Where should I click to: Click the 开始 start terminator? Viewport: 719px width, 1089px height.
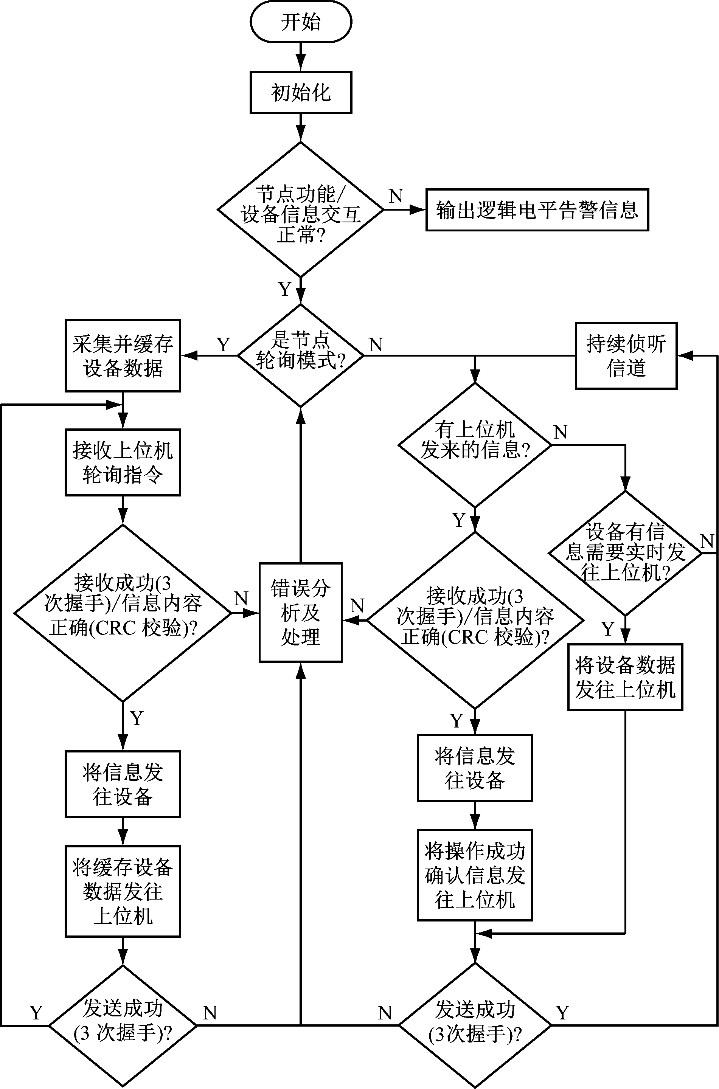(x=301, y=22)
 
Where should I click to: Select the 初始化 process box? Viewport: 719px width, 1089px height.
(x=301, y=92)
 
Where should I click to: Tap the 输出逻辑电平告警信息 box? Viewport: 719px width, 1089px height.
(x=537, y=210)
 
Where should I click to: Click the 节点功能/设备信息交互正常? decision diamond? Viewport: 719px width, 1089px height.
(x=300, y=210)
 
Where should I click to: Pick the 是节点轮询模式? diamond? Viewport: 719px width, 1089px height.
(x=300, y=355)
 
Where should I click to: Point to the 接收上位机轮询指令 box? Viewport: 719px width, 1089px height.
(x=123, y=462)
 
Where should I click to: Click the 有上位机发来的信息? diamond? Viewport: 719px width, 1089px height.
(x=475, y=445)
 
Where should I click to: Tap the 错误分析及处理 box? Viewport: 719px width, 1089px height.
(x=300, y=612)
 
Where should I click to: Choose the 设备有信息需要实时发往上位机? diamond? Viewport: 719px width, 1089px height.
(x=625, y=553)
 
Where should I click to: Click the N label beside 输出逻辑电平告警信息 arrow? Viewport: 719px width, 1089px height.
(x=396, y=196)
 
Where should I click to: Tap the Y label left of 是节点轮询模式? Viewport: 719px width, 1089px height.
(x=223, y=345)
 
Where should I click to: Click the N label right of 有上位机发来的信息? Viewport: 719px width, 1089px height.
(x=561, y=432)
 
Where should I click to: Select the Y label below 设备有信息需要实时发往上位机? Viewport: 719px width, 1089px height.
(x=608, y=629)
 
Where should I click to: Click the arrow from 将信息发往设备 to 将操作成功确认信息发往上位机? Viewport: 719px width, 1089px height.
(x=475, y=815)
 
